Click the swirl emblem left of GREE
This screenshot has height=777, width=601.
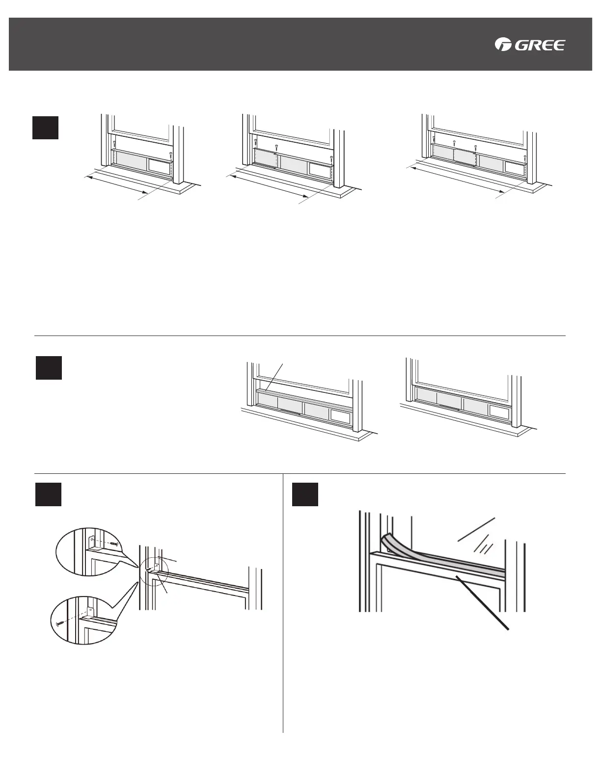(x=503, y=45)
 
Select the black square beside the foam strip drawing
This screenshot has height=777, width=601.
(x=305, y=494)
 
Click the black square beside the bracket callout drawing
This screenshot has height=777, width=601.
(x=48, y=494)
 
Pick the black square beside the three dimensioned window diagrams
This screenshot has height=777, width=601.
(x=46, y=128)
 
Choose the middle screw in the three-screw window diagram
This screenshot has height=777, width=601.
(x=277, y=147)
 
